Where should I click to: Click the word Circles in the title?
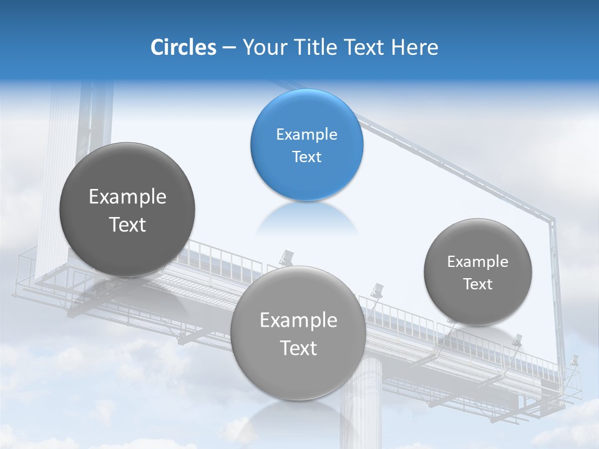pos(183,47)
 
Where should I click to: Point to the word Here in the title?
pos(414,47)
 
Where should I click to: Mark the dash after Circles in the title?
pos(228,48)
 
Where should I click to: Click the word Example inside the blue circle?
pos(306,135)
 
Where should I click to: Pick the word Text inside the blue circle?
pos(306,157)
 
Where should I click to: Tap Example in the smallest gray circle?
pos(477,262)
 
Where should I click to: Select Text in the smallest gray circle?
pos(477,284)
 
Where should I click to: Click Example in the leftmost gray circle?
pos(127,197)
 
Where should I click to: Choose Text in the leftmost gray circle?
pos(127,224)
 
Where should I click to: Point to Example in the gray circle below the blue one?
pos(298,321)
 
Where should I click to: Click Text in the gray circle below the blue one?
pos(298,348)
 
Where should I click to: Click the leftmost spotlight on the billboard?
pos(286,256)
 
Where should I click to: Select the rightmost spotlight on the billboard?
pos(573,361)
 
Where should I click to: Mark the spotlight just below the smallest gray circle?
pos(517,340)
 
